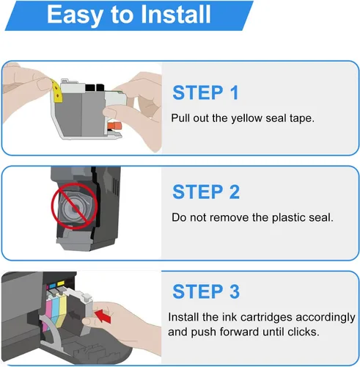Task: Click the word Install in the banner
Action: click(x=176, y=14)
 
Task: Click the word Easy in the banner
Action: click(x=75, y=15)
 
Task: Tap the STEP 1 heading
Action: click(x=205, y=92)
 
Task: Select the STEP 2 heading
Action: click(x=206, y=192)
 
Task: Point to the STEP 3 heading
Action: click(x=206, y=291)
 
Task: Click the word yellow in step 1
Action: click(x=246, y=119)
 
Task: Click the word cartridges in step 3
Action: click(x=266, y=318)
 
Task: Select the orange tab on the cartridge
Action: click(x=114, y=126)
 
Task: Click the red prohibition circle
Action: click(x=74, y=206)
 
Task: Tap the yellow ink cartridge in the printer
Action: click(x=62, y=306)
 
